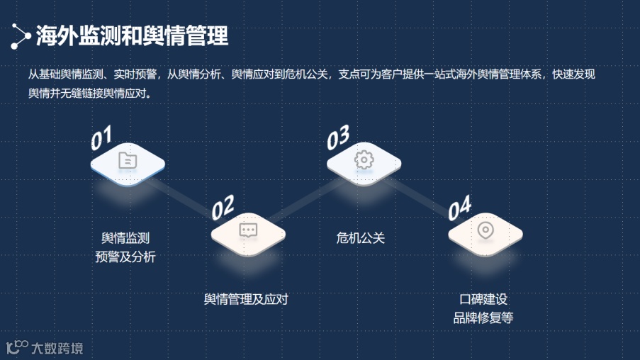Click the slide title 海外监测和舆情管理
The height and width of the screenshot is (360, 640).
point(133,35)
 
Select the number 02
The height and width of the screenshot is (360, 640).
point(223,207)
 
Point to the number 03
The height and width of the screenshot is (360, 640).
point(337,137)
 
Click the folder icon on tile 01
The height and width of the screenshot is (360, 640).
point(128,161)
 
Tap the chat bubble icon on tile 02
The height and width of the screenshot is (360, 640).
point(248,230)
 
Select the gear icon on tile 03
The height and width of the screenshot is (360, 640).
point(364,160)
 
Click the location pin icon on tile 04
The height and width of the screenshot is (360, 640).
point(485,230)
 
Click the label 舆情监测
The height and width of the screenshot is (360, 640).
point(125,238)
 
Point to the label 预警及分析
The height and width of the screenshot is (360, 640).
point(125,257)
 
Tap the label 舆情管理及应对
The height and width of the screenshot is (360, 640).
point(246,299)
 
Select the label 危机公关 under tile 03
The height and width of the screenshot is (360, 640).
point(360,238)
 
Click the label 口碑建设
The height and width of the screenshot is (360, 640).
point(483,299)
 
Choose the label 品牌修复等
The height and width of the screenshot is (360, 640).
point(483,317)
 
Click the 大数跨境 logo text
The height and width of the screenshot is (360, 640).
point(57,348)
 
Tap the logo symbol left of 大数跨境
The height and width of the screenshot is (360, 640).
point(17,347)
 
